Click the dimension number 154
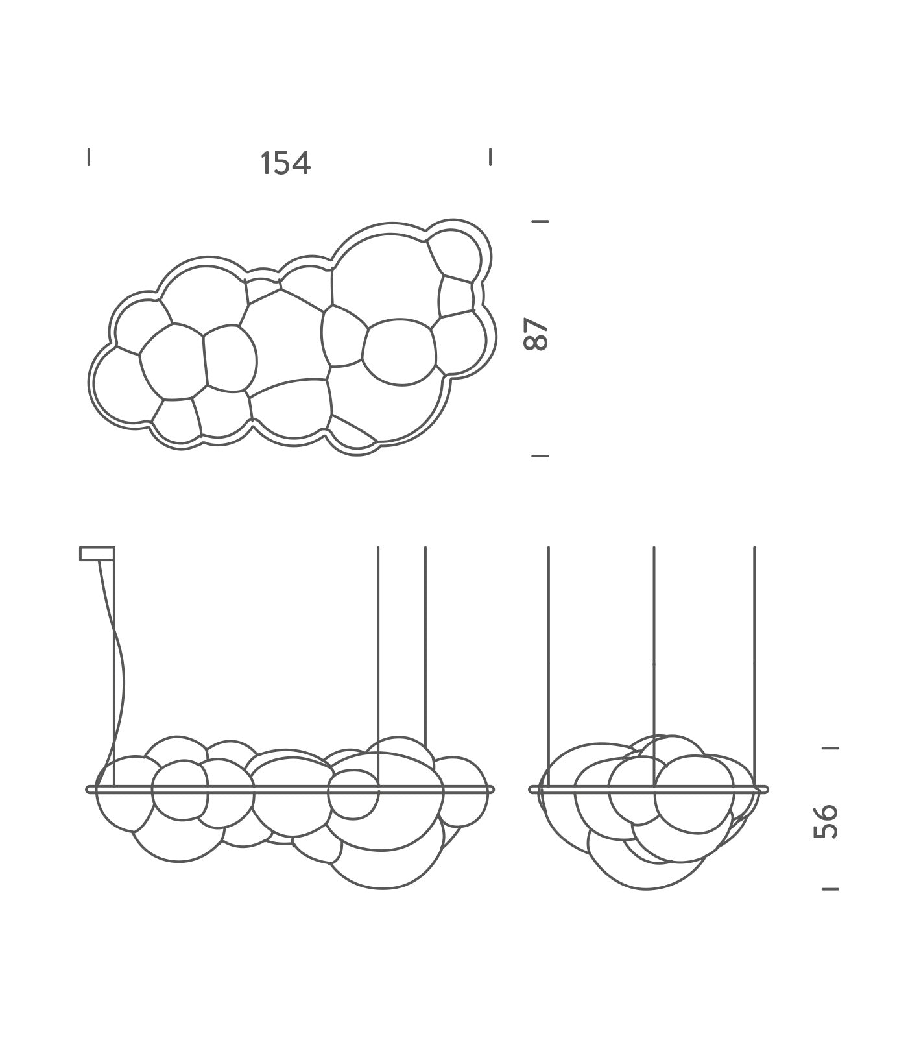285,163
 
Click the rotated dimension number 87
536,334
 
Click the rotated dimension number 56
826,821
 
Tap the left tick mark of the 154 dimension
89,157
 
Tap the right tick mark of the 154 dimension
490,157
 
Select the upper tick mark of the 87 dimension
540,221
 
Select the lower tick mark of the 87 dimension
540,456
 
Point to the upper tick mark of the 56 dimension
830,747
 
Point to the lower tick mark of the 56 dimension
830,888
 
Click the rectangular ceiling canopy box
97,553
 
